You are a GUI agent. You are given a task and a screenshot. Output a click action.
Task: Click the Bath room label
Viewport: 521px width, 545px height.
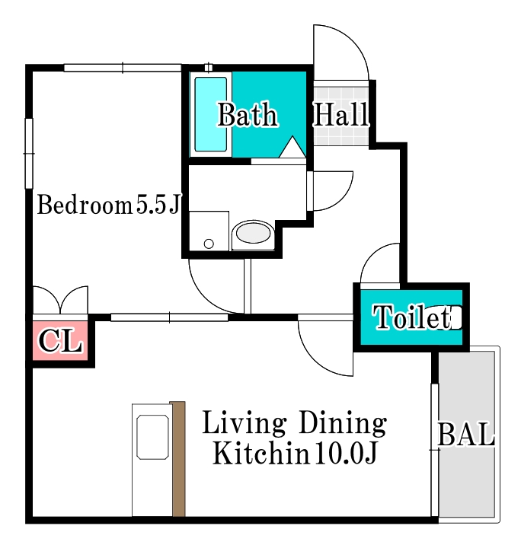coord(247,116)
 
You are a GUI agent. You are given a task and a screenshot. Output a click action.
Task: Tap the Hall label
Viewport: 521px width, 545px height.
coord(341,116)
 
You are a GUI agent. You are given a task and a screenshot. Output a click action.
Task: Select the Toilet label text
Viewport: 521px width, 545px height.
coord(411,318)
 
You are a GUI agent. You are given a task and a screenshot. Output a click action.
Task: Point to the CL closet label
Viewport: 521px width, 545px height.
coord(60,342)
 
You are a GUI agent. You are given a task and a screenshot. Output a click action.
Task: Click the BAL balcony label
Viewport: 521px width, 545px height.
coord(466,435)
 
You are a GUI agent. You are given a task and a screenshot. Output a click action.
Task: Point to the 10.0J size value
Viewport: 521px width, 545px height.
coord(344,454)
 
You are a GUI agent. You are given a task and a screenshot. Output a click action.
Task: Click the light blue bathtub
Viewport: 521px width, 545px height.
coord(211,114)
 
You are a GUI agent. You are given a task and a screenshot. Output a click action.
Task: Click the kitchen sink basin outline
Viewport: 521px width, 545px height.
coord(152,437)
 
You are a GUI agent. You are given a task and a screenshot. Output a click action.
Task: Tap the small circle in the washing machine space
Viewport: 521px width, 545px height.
coord(209,244)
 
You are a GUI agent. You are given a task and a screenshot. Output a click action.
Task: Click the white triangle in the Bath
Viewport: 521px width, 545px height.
coord(292,148)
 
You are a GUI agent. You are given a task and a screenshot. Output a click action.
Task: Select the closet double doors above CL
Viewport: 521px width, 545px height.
coord(60,300)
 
